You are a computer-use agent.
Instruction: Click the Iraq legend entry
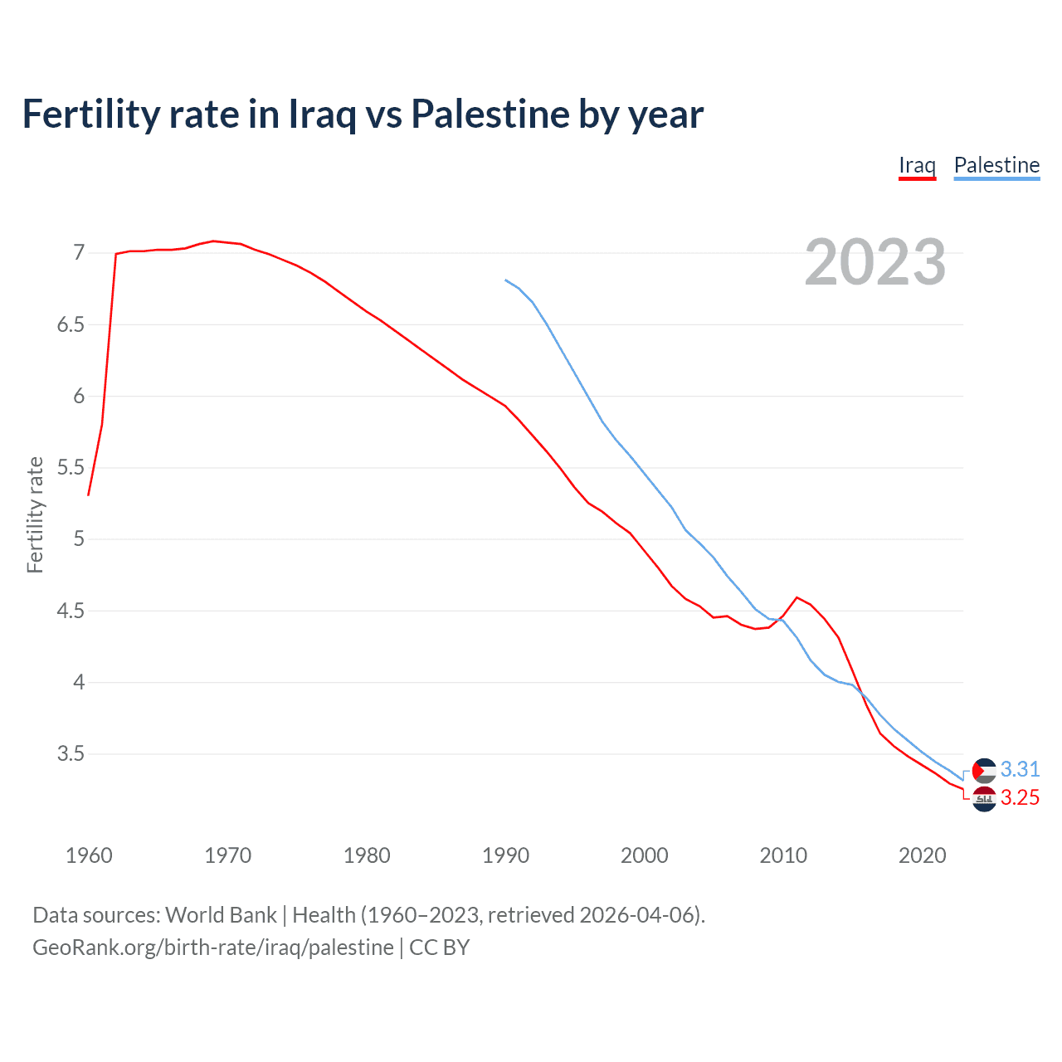click(x=917, y=165)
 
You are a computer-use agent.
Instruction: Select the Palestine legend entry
click(x=996, y=165)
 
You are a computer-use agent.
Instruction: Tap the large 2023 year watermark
click(x=875, y=262)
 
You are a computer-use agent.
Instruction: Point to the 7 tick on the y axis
click(x=79, y=252)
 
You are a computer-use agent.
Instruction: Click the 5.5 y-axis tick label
click(x=71, y=467)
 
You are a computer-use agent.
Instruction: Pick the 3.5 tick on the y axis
click(x=71, y=754)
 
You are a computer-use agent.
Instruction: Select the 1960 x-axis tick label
click(x=89, y=855)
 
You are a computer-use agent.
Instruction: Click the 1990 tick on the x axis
click(x=505, y=855)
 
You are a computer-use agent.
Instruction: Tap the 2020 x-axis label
click(x=922, y=855)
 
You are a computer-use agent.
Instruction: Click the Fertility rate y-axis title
click(x=35, y=514)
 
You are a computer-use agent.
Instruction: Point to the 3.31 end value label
click(x=1020, y=769)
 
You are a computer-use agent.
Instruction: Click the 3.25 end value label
click(x=1020, y=797)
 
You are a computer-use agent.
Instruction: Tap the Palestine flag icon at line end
click(x=983, y=771)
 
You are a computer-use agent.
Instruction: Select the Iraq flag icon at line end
click(x=983, y=799)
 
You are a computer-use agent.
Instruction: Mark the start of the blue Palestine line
click(x=505, y=280)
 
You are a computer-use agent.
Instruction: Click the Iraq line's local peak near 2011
click(x=796, y=597)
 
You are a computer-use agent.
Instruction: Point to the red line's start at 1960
click(x=89, y=495)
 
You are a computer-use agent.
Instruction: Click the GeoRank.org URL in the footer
click(x=213, y=947)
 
